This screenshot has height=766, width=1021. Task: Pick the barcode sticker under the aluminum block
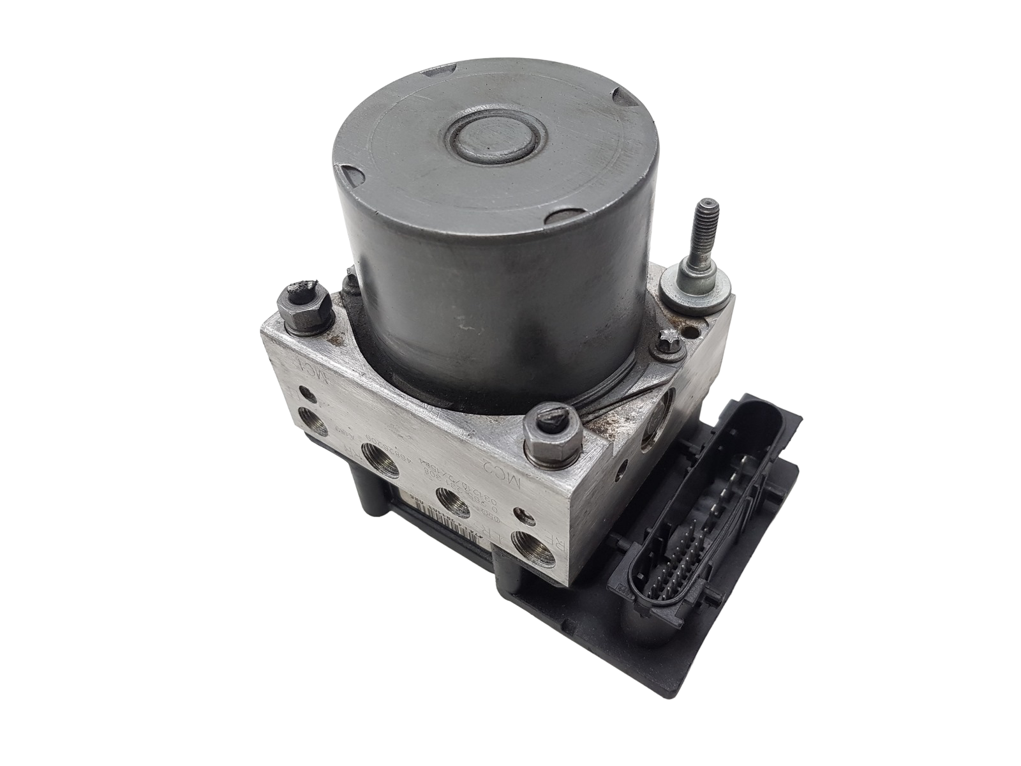tap(441, 497)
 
